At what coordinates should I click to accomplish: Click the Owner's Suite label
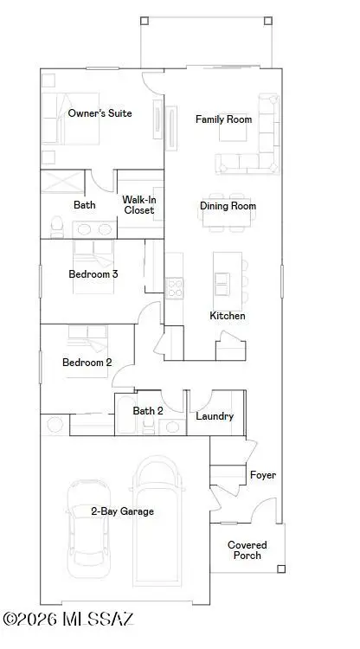pos(100,113)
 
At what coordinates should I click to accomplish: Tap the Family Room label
pos(223,119)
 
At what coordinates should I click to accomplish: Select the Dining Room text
pos(228,206)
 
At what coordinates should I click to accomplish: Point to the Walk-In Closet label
pos(138,204)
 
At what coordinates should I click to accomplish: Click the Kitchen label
pos(228,316)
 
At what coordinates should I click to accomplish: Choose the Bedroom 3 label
pos(93,273)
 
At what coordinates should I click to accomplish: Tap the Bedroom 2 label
pos(87,363)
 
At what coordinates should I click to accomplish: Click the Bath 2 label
pos(147,410)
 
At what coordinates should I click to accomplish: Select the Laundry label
pos(215,416)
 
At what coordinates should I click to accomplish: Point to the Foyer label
pos(262,475)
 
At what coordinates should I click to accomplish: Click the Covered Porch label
pos(247,550)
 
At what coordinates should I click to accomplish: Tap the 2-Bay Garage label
pos(122,511)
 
